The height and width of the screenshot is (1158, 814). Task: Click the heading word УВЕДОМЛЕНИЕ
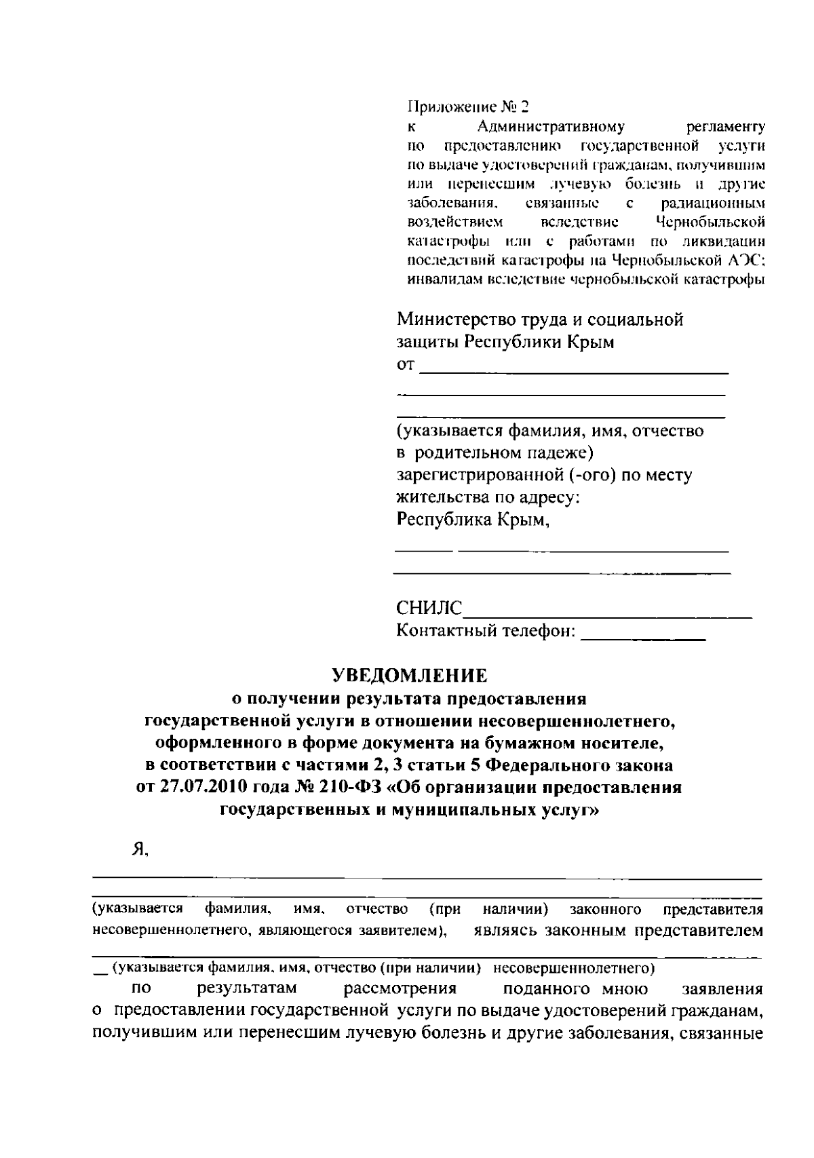410,675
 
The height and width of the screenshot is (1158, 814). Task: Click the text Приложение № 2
467,107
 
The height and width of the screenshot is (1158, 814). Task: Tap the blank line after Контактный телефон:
644,636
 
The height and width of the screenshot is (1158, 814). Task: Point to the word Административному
551,127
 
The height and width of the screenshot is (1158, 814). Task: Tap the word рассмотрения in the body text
400,988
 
